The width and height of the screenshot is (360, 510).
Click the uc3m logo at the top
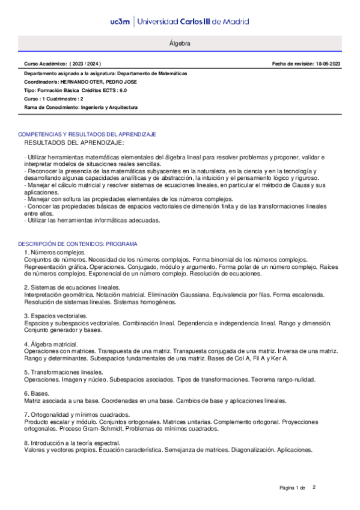121,22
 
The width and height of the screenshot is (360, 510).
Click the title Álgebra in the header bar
180,45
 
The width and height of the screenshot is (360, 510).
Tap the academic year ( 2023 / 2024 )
86,64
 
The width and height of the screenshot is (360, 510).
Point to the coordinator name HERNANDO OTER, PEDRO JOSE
106,81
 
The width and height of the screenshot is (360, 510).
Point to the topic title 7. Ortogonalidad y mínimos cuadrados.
81,415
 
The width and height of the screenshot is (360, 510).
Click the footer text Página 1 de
293,487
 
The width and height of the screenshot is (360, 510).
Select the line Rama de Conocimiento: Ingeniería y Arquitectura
81,106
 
